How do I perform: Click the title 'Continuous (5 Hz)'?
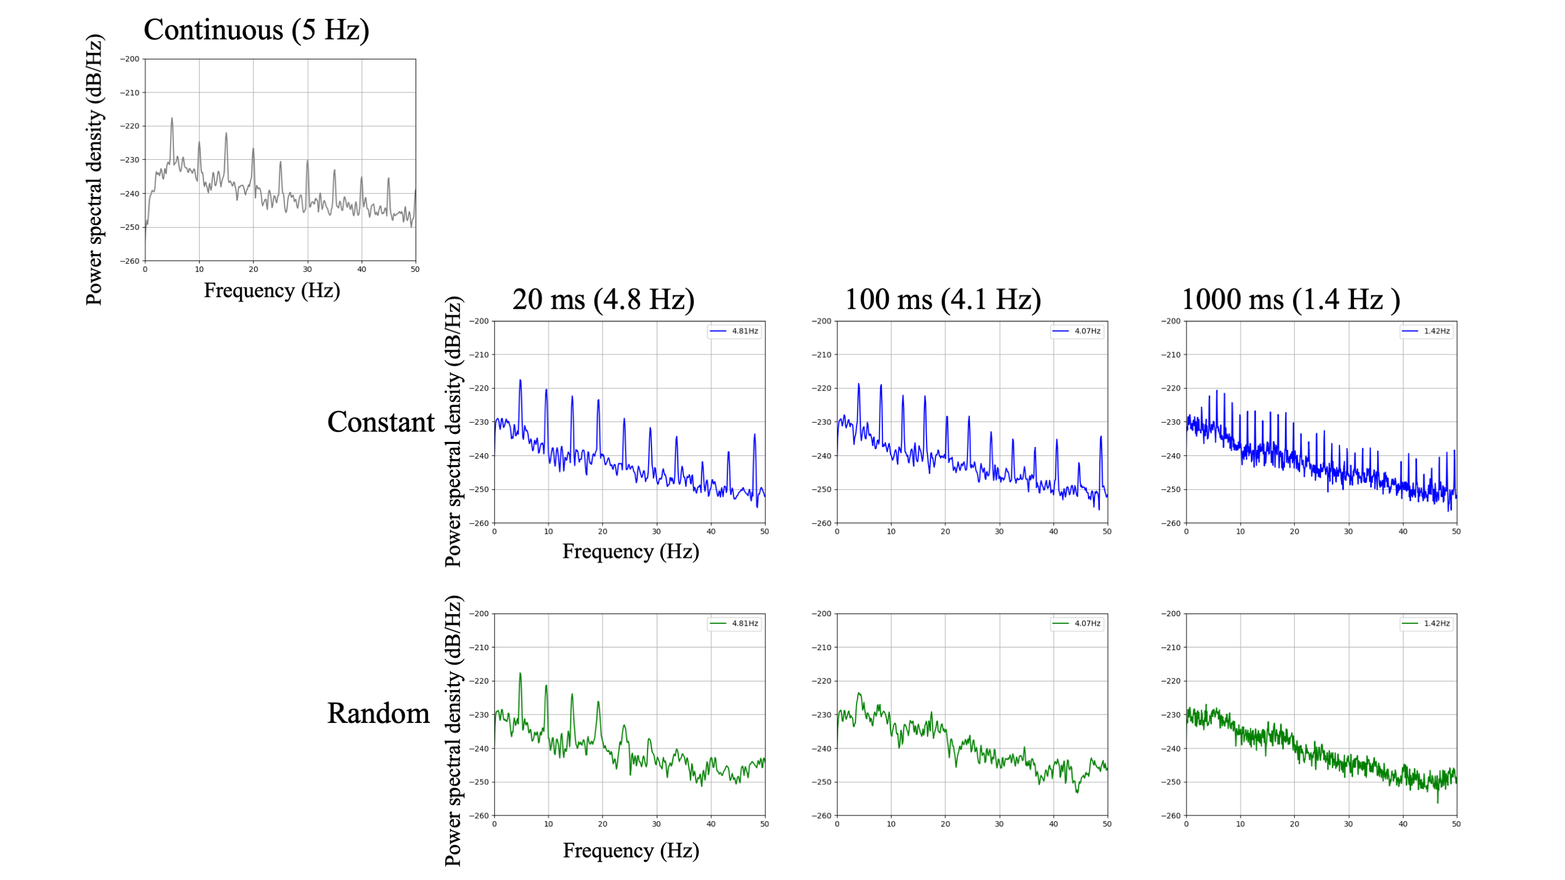tap(256, 30)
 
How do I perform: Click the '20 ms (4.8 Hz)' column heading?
tap(603, 299)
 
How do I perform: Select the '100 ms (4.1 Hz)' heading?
tap(942, 299)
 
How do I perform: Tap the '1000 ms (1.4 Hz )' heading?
tap(1290, 299)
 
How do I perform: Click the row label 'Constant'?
tap(380, 422)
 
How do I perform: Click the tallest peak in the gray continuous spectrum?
tap(172, 119)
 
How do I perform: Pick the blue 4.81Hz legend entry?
tap(734, 331)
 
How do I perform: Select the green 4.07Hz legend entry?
tap(1076, 623)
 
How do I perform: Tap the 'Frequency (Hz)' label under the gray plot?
tap(271, 290)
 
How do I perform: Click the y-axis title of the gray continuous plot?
tap(94, 170)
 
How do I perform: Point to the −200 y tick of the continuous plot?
tap(130, 59)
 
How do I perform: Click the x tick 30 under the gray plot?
tap(308, 269)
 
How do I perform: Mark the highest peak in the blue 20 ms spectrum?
tap(520, 381)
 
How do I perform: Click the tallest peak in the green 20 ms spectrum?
tap(520, 674)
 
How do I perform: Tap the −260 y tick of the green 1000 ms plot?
tap(1170, 816)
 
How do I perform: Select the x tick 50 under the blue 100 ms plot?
tap(1107, 531)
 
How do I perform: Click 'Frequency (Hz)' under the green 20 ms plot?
tap(631, 850)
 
